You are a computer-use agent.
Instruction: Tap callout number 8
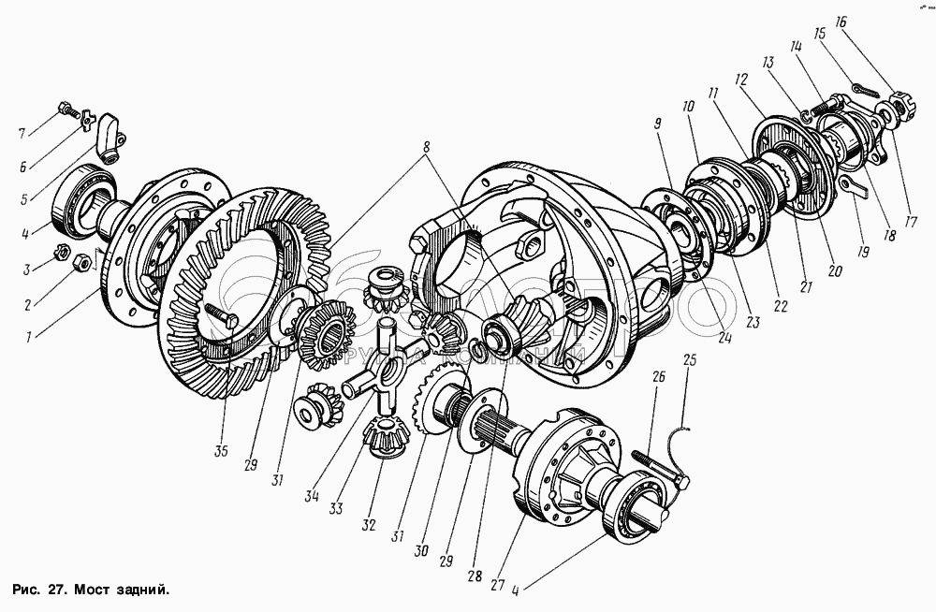pos(427,147)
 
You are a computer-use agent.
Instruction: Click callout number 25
pos(690,359)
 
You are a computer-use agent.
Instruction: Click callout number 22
pos(780,306)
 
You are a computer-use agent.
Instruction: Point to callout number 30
pos(421,552)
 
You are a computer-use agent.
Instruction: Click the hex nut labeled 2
pos(80,263)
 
